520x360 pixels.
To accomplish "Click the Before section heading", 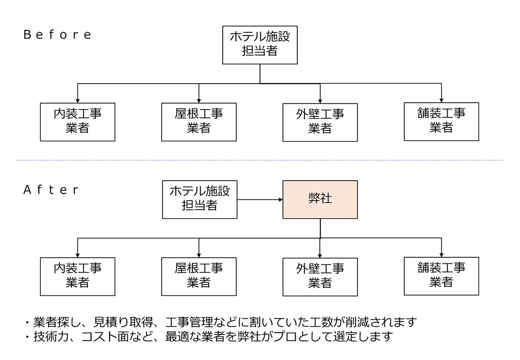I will [x=58, y=35].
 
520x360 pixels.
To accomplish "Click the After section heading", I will [x=51, y=190].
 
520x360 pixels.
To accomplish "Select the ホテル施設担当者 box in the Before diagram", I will [x=260, y=44].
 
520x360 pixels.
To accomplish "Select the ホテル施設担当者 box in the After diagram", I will [x=199, y=199].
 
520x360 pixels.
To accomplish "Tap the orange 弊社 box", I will [x=320, y=199].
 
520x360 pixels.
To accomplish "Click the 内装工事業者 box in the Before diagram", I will [x=78, y=122].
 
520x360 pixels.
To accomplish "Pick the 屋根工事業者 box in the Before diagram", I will [x=199, y=122].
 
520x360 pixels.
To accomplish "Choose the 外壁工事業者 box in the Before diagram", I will [x=320, y=122].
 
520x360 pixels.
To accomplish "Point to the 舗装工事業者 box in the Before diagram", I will [x=441, y=121].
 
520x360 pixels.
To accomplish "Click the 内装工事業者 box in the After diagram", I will [x=78, y=276].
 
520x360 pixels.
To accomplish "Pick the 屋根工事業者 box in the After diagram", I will [x=199, y=276].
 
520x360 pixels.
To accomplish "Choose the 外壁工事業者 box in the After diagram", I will [x=320, y=277].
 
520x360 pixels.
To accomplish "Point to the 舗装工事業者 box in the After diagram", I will [x=441, y=276].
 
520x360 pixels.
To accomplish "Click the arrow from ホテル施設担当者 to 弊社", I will [x=260, y=200].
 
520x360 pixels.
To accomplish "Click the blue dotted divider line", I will [x=260, y=161].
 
